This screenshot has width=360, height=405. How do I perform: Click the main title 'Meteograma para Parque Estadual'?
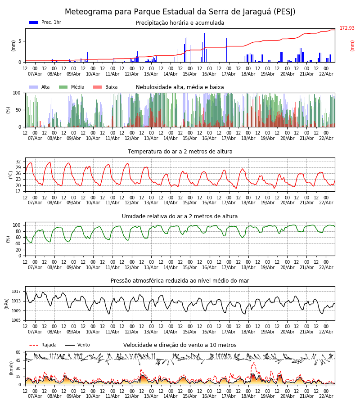tap(180, 12)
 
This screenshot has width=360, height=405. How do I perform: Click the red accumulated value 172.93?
tap(347, 28)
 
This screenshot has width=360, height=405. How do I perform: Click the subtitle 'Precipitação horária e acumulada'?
tap(180, 23)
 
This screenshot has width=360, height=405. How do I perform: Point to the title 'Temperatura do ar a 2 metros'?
tap(180, 152)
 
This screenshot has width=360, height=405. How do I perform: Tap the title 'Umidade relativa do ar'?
tap(180, 216)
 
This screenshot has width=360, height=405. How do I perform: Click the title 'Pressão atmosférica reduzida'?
tap(180, 281)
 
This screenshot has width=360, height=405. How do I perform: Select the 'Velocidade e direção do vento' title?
tap(180, 345)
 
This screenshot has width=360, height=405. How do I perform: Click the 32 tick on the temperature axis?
tap(18, 162)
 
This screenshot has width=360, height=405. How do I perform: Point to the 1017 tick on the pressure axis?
tap(17, 292)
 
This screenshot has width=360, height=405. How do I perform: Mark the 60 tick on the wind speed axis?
tap(18, 352)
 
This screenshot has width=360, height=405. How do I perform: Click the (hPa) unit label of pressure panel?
tap(7, 303)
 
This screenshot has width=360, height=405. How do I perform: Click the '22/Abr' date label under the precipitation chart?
tap(326, 74)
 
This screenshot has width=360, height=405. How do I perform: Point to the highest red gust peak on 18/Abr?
tap(254, 362)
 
